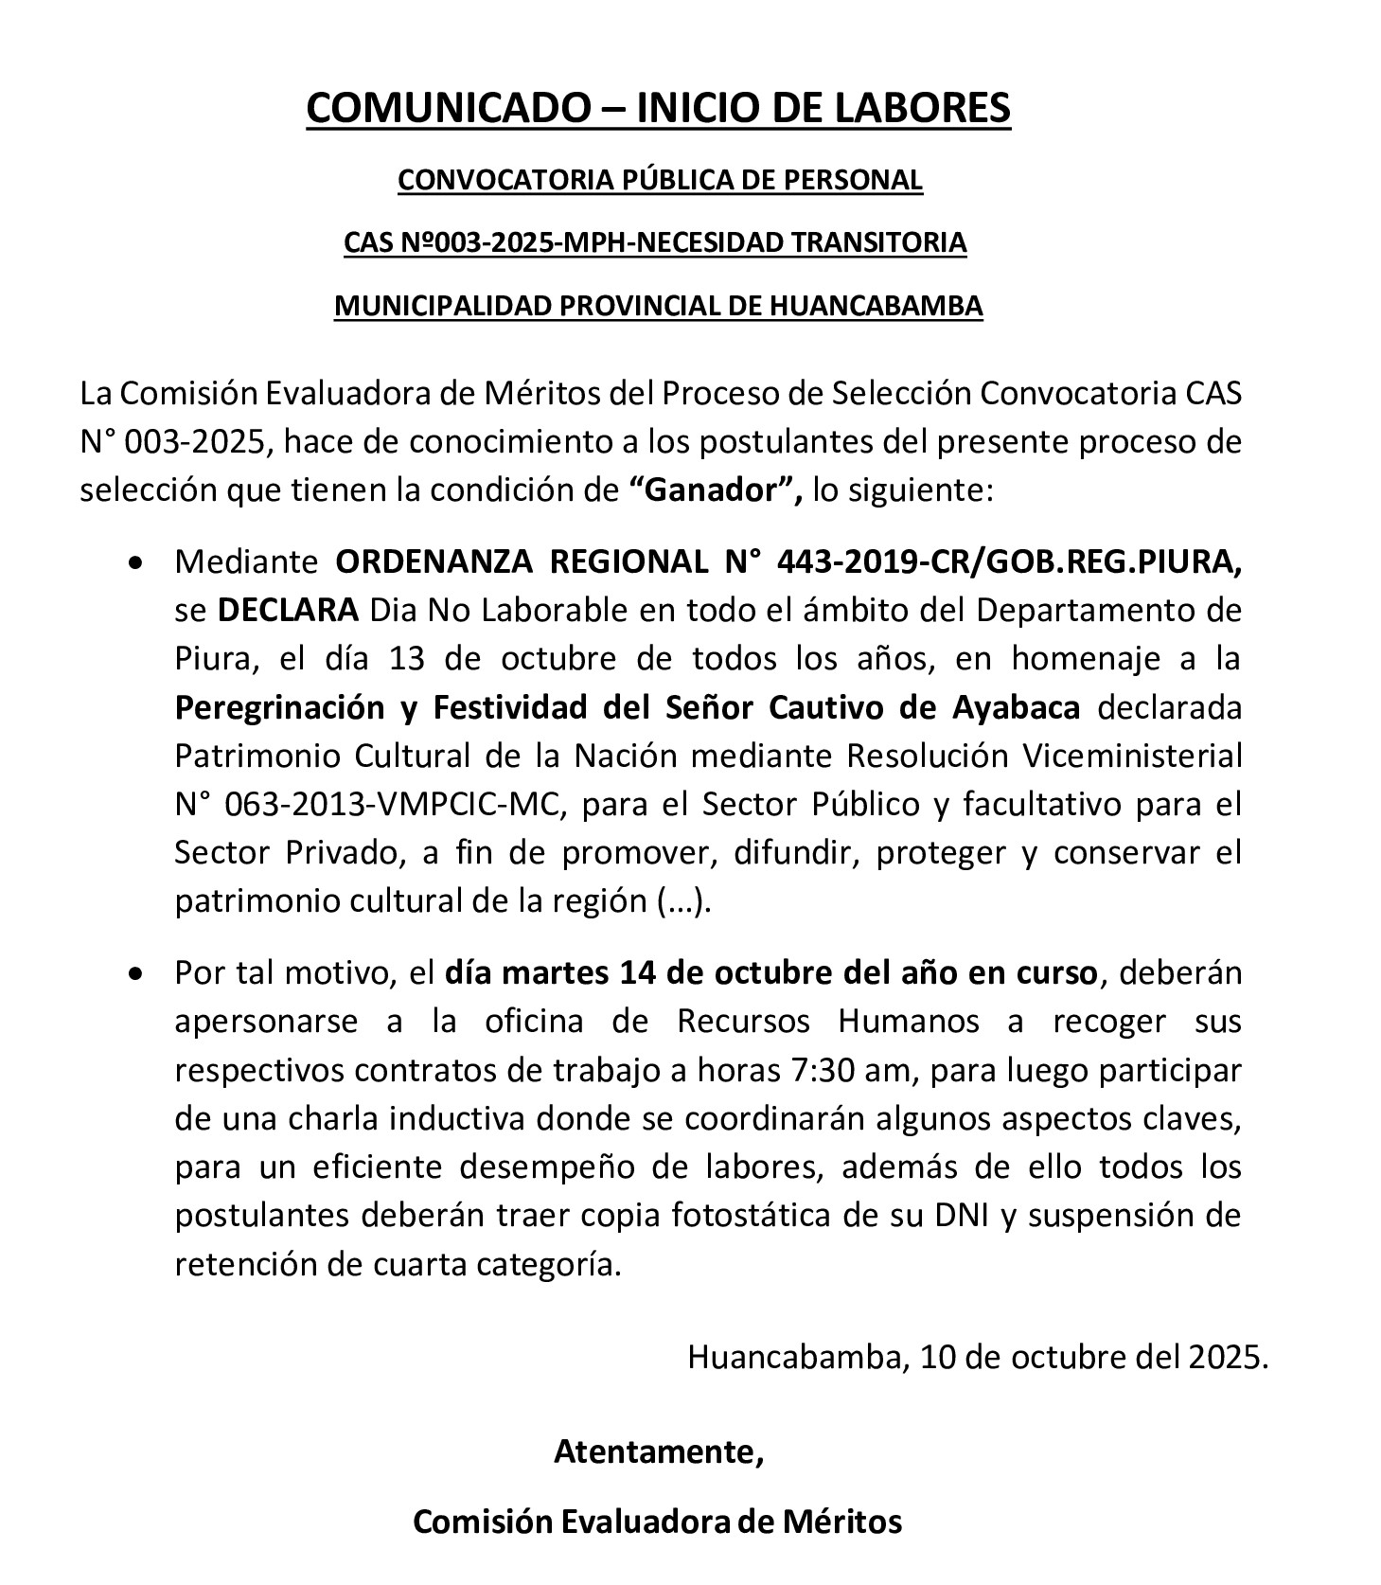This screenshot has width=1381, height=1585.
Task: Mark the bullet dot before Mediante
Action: tap(138, 563)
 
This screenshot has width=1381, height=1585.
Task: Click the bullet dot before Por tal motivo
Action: tap(138, 973)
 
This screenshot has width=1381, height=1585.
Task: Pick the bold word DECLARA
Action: tap(289, 611)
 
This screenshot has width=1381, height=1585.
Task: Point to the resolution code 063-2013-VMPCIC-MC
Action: tap(394, 804)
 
